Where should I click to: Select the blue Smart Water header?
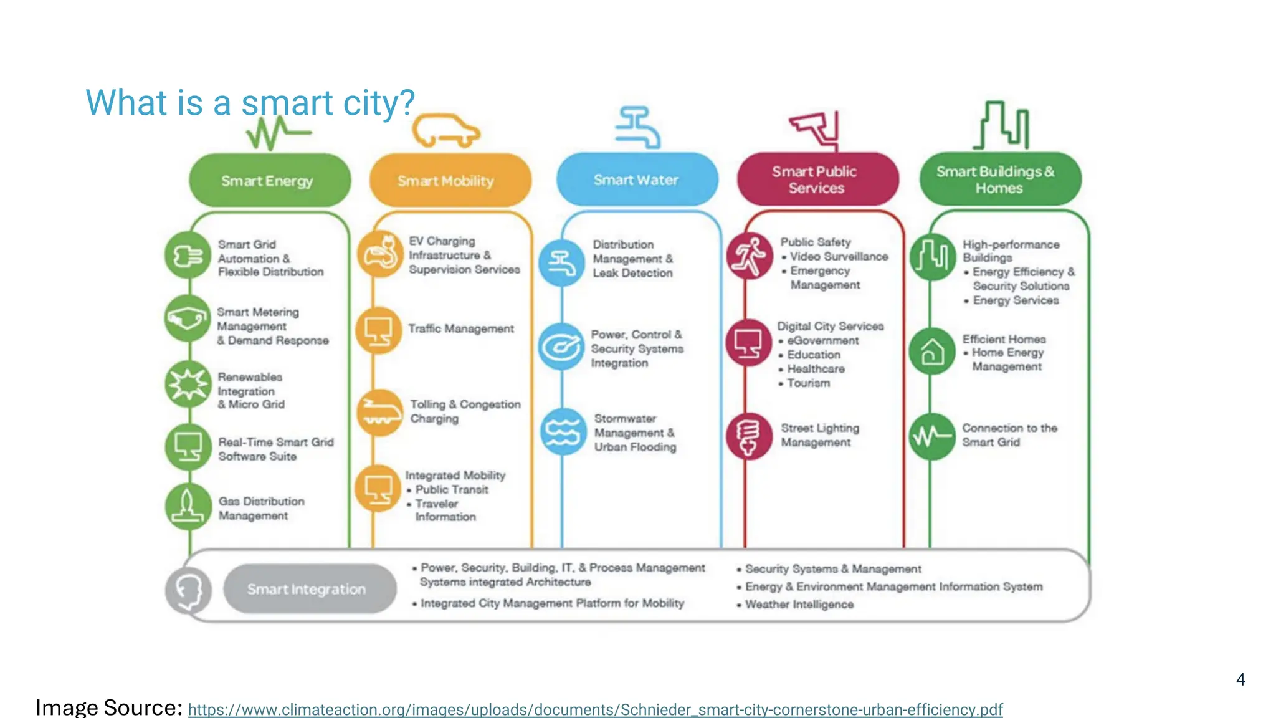click(x=636, y=179)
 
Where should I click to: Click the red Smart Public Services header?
click(x=817, y=179)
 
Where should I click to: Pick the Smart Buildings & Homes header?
click(x=999, y=179)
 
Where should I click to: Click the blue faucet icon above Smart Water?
click(x=637, y=127)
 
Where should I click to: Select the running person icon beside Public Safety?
click(x=749, y=256)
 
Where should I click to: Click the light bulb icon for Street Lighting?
click(x=748, y=436)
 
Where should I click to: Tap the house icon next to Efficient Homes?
click(x=932, y=352)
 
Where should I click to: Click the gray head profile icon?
click(x=189, y=590)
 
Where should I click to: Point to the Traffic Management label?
click(x=461, y=328)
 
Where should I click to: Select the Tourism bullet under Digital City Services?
click(x=808, y=383)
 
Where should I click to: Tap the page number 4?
click(x=1240, y=679)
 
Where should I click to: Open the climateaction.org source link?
click(x=595, y=709)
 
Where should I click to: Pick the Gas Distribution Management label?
click(x=261, y=509)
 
